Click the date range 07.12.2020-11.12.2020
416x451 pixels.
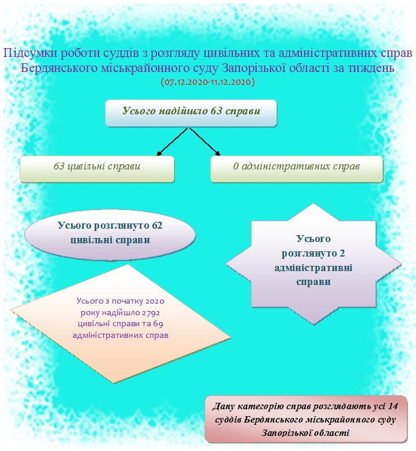coord(208,82)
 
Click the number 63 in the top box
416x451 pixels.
coord(217,111)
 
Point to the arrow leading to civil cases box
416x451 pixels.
coord(172,142)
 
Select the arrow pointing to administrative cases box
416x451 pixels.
coord(205,142)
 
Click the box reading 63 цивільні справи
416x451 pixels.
coord(97,169)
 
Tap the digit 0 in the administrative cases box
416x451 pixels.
coord(236,167)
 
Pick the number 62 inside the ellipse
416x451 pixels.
coord(157,225)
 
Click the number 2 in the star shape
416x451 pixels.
coord(342,254)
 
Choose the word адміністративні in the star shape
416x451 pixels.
coord(313,268)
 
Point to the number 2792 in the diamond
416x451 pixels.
coord(151,313)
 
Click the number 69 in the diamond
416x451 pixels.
coord(158,324)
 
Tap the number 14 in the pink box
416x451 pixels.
coord(393,406)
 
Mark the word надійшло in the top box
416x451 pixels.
coord(183,111)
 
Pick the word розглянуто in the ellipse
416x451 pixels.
coord(121,226)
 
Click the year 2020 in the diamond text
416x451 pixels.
coord(155,301)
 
